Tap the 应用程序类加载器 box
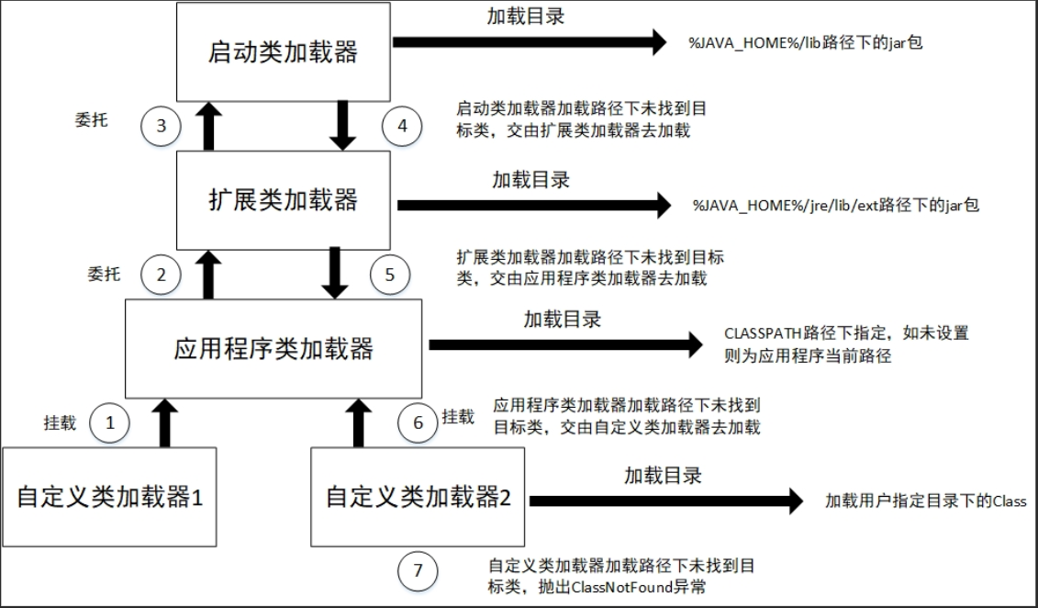tap(273, 348)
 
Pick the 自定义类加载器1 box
tap(109, 497)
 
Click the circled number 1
tap(110, 422)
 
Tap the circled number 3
tap(162, 125)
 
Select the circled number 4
tap(400, 125)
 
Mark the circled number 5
tap(389, 273)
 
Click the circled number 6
tap(419, 422)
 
